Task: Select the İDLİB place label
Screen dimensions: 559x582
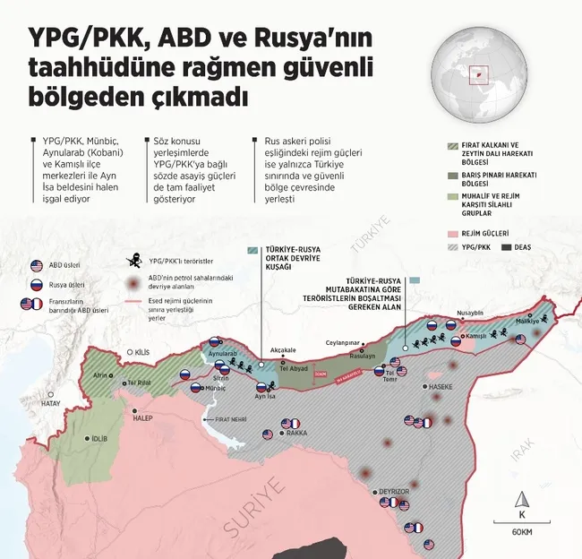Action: pos(102,439)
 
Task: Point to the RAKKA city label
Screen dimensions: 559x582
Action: pos(296,432)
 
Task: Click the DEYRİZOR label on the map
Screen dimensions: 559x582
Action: pos(394,492)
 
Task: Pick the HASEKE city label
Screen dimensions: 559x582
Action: pos(441,388)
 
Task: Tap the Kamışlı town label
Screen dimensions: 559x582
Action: pos(475,337)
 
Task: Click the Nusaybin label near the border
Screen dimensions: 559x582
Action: pos(471,314)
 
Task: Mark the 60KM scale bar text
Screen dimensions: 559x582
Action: pos(523,533)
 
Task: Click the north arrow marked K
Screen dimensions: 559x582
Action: pos(523,506)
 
